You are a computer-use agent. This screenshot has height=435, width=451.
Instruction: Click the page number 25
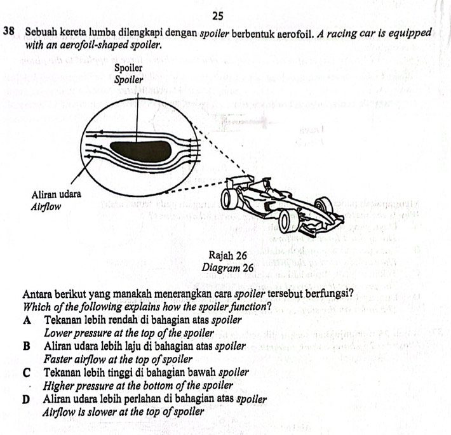(x=219, y=16)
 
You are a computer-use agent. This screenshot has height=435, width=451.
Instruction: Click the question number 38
(x=8, y=32)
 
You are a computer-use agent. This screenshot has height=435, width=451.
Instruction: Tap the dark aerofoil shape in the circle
(x=140, y=151)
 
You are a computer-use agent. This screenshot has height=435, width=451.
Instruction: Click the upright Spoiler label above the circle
(x=128, y=68)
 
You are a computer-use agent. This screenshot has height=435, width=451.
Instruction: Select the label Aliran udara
(x=57, y=194)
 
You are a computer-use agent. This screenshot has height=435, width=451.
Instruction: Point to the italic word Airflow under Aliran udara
(x=46, y=207)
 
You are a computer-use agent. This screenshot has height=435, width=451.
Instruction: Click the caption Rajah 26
(x=227, y=255)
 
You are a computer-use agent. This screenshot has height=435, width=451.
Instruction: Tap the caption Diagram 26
(x=227, y=268)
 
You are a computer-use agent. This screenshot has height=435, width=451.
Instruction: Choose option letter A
(x=27, y=320)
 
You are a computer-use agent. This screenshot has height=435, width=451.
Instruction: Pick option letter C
(x=27, y=373)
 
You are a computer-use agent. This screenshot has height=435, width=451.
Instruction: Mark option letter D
(x=26, y=399)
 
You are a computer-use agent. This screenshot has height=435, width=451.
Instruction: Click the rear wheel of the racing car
(x=229, y=199)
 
